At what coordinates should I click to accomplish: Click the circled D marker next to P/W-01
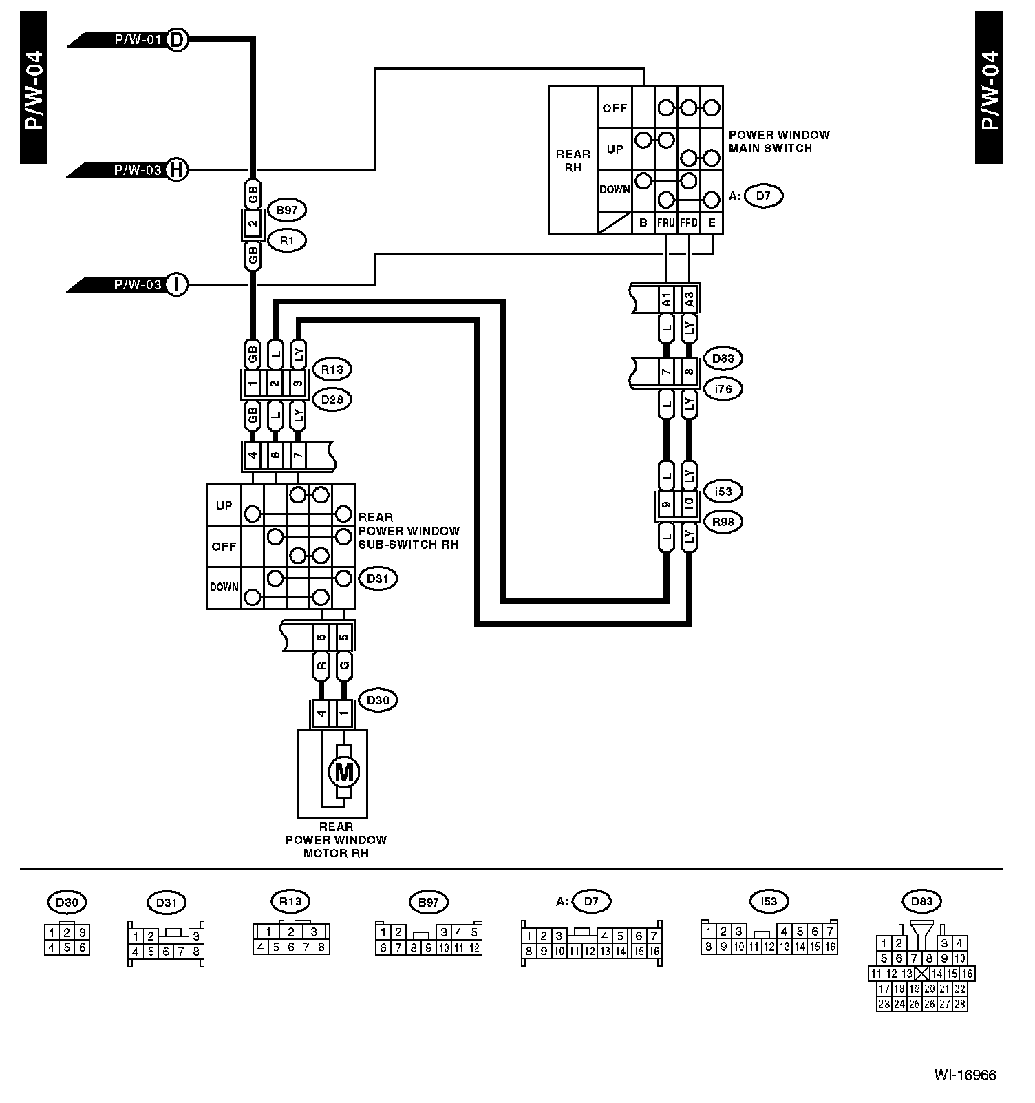(177, 40)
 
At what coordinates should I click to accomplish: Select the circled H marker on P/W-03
(177, 169)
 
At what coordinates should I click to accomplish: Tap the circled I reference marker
(177, 284)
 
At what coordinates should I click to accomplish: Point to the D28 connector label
(332, 399)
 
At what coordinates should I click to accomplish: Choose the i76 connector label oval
(723, 389)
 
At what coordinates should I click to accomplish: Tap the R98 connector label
(723, 522)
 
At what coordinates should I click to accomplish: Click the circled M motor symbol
(343, 772)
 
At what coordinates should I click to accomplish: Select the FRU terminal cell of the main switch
(665, 223)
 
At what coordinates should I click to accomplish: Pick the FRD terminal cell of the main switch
(689, 223)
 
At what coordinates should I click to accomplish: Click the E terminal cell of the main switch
(712, 223)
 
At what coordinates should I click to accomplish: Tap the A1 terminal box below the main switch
(666, 300)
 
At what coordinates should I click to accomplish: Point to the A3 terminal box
(688, 300)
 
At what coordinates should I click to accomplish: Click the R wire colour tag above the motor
(321, 666)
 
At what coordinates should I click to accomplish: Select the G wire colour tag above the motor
(343, 666)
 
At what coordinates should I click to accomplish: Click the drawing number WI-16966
(965, 1075)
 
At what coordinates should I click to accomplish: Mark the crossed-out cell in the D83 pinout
(922, 974)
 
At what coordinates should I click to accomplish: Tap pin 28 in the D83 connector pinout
(960, 1004)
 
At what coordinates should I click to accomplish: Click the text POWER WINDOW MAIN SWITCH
(779, 141)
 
